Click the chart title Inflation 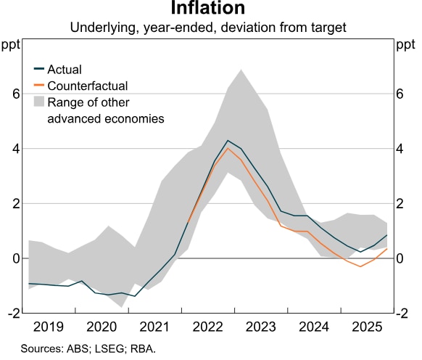[x=208, y=9]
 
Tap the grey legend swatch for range [x=39, y=102]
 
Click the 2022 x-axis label [x=208, y=327]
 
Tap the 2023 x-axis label [x=260, y=327]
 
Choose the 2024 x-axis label [x=313, y=327]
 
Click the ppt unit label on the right [x=404, y=46]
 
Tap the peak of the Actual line [x=228, y=140]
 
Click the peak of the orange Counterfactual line [x=228, y=148]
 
